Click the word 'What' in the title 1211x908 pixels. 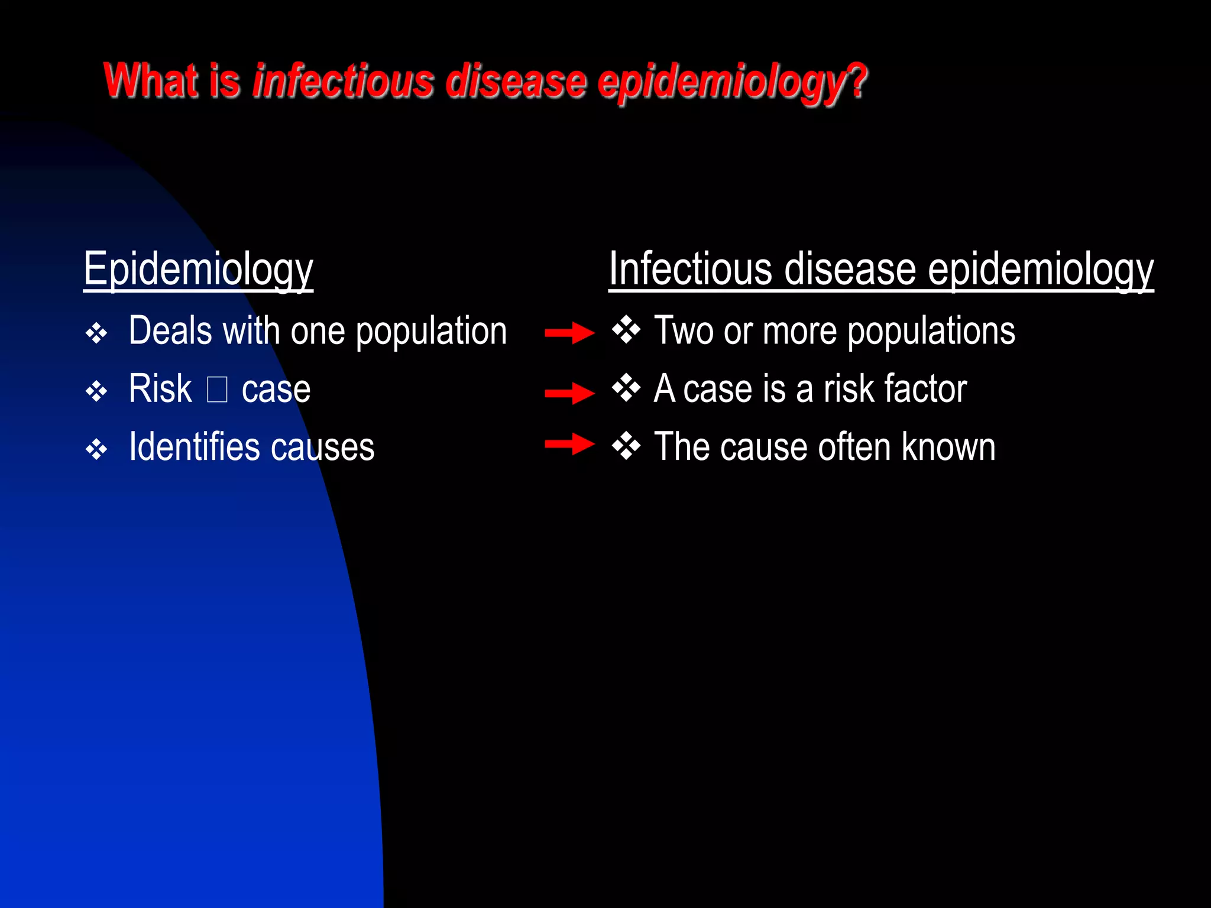tap(151, 81)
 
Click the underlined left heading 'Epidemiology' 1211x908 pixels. tap(198, 270)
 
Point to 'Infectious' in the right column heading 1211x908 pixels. tap(689, 270)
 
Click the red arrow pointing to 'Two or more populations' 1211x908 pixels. tap(569, 333)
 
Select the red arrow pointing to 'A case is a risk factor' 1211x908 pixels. tap(569, 393)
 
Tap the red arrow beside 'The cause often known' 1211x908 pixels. tap(569, 444)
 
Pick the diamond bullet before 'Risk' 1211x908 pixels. tap(96, 391)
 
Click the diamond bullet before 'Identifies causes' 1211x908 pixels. tap(96, 450)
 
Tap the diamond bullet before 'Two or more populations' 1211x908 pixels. tap(626, 330)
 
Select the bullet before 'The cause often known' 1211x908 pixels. tap(626, 446)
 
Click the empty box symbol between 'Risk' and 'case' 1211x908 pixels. tap(217, 390)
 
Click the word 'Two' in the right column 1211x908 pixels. tap(684, 330)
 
